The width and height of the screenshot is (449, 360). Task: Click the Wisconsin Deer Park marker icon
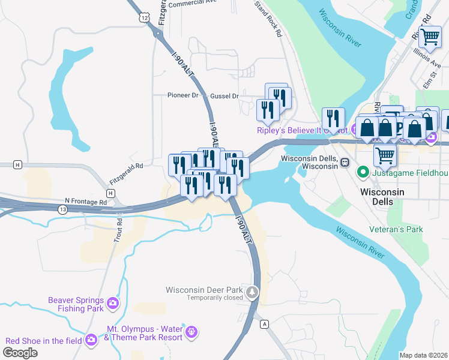click(x=252, y=293)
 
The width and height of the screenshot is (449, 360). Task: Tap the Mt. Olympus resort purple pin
click(x=191, y=331)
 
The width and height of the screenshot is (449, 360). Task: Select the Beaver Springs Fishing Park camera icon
click(x=113, y=304)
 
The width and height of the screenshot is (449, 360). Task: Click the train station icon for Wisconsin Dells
click(x=345, y=162)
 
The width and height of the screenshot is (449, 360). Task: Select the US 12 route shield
click(x=144, y=18)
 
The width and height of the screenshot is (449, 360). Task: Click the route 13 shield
click(x=46, y=208)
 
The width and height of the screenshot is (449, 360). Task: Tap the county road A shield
click(x=264, y=324)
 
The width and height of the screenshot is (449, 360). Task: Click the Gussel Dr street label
click(x=224, y=96)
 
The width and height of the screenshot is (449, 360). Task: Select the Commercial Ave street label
click(x=192, y=4)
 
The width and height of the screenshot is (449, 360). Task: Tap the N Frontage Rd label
click(x=85, y=202)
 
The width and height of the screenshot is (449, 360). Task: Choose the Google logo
click(x=20, y=353)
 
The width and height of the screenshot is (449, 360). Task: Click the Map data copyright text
click(x=423, y=355)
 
